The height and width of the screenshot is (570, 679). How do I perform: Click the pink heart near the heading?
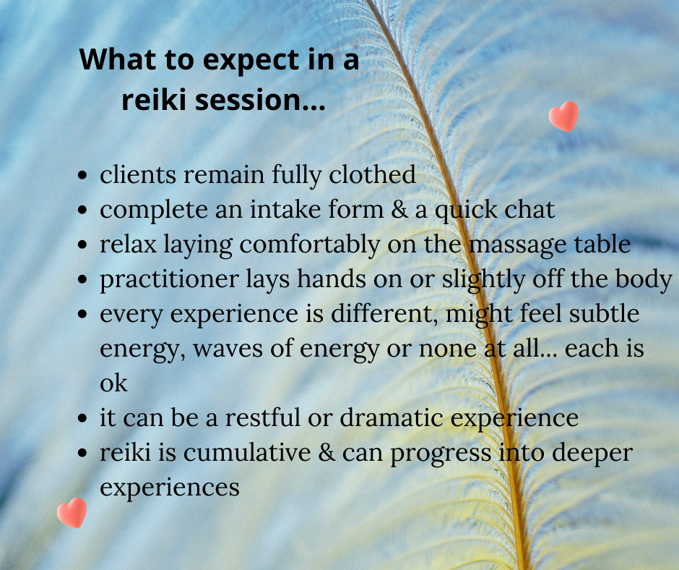coord(563,116)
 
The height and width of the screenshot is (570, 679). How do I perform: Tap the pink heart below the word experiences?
coord(72,513)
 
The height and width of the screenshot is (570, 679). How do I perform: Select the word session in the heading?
coord(246,100)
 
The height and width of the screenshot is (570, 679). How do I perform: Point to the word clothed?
coord(372,175)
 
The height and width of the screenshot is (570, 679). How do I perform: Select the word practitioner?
coord(169,280)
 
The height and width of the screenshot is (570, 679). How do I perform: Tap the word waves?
coord(228,349)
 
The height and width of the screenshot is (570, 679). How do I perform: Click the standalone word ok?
coord(113,383)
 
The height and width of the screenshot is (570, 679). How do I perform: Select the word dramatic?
coord(392,417)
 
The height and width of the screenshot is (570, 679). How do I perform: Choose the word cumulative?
coord(247,452)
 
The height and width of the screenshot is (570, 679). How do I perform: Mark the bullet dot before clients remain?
coord(82,176)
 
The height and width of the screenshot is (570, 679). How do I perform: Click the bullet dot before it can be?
coord(82,419)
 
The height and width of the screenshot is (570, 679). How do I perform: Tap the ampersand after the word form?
coord(399,210)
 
